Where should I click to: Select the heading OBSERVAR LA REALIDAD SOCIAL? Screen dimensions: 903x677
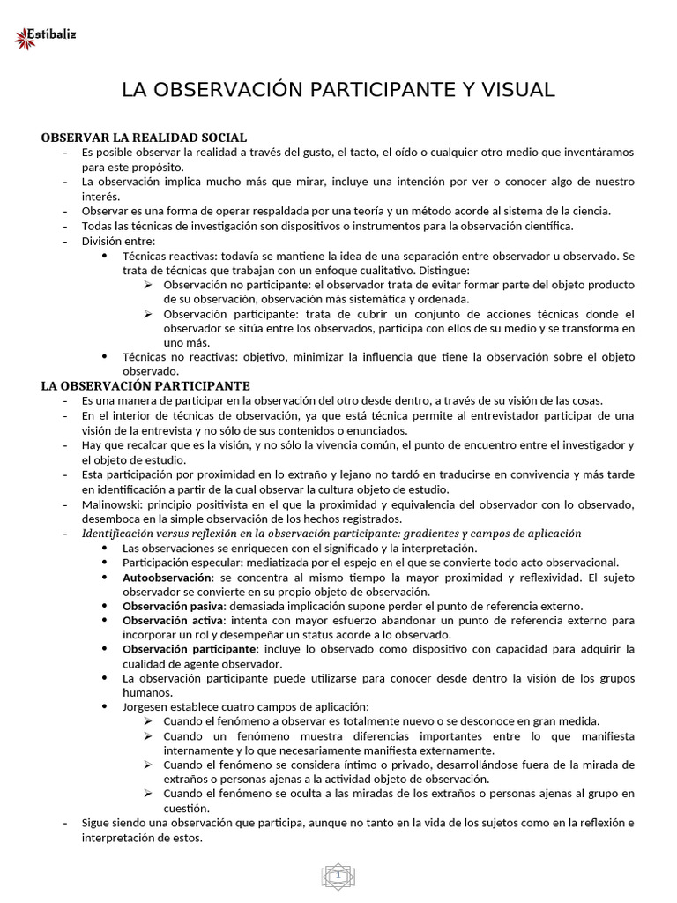click(145, 138)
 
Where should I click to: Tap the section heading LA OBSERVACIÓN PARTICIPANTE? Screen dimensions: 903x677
click(146, 386)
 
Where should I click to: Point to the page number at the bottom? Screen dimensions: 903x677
click(338, 874)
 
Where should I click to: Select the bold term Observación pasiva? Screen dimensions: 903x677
click(174, 607)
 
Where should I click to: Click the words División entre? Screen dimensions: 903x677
click(118, 242)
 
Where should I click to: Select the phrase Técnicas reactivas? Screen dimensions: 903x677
click(167, 256)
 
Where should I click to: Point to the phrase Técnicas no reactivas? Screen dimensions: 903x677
click(175, 357)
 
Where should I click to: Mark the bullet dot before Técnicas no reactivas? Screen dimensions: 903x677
click(105, 356)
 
